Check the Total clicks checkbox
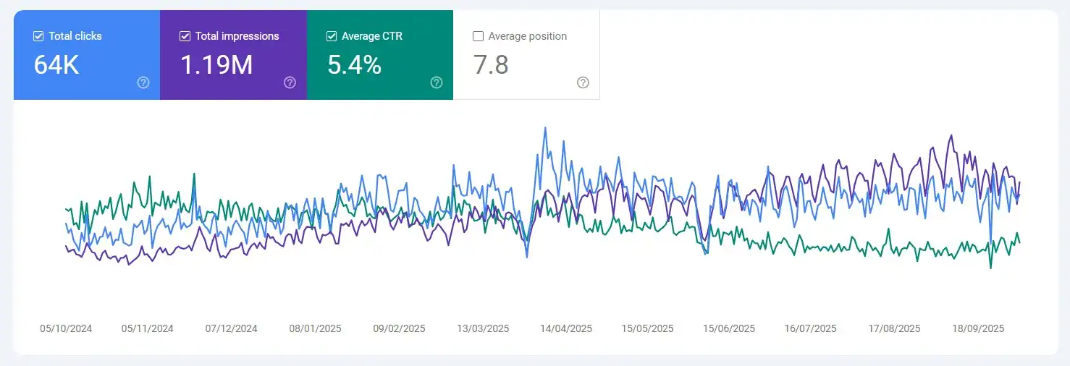click(x=39, y=36)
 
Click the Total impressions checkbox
click(x=185, y=36)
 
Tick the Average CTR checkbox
click(x=332, y=36)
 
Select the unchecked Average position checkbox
click(x=478, y=36)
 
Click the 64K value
click(x=56, y=65)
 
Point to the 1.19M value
click(x=216, y=65)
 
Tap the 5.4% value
click(x=354, y=65)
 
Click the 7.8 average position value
click(x=491, y=65)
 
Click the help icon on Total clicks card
click(x=143, y=82)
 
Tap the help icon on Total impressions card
click(x=290, y=82)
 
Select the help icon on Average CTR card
click(x=437, y=82)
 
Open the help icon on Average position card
click(x=583, y=82)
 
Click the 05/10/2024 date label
click(x=66, y=328)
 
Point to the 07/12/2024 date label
click(x=232, y=328)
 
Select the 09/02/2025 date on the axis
click(x=399, y=328)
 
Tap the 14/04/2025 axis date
click(x=566, y=328)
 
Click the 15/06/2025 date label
click(x=729, y=328)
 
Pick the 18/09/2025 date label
click(x=978, y=328)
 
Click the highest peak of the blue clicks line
click(x=545, y=128)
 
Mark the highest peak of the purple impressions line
click(x=951, y=135)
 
